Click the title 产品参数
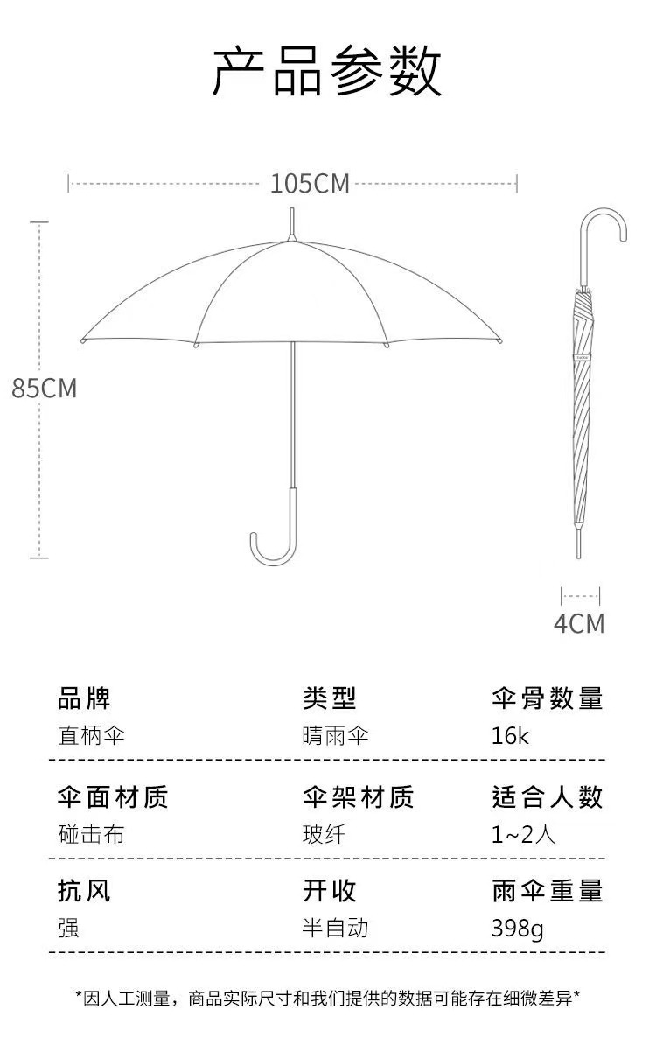(327, 72)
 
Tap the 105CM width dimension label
(309, 184)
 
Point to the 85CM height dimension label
(44, 388)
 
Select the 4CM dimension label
(579, 623)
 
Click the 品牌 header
(84, 698)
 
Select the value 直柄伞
(91, 735)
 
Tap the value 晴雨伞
(335, 735)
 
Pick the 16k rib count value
(510, 735)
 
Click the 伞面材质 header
(112, 796)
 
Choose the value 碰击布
(91, 834)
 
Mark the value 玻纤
(324, 834)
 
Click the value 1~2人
(523, 834)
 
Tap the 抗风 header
(84, 891)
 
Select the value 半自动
(335, 928)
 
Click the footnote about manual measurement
(328, 998)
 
